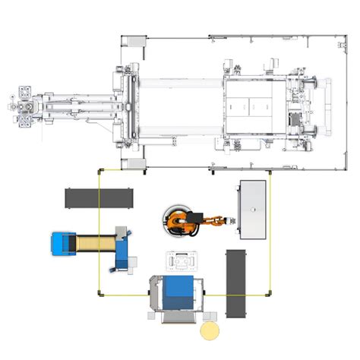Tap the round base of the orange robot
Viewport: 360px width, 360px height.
pos(176,221)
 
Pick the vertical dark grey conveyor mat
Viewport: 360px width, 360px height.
pos(238,283)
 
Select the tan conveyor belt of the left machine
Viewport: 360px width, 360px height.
pos(94,244)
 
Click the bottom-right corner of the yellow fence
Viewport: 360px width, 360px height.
pos(271,293)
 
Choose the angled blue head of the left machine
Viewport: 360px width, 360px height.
pos(121,246)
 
